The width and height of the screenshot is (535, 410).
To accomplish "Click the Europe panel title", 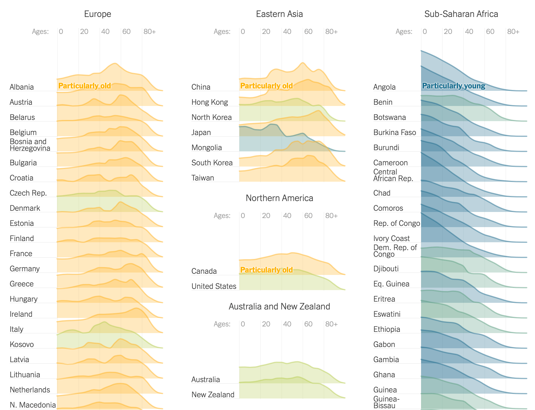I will (98, 14).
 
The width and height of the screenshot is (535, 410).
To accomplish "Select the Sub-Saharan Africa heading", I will (461, 14).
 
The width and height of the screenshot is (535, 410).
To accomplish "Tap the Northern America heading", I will (279, 198).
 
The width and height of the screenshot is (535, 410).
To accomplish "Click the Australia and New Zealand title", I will (279, 306).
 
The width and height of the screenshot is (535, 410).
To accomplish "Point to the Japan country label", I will (201, 132).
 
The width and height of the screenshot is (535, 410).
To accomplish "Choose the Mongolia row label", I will (207, 147).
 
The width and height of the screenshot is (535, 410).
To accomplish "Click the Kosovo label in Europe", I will (22, 344).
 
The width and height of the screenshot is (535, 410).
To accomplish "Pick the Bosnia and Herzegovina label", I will (30, 145).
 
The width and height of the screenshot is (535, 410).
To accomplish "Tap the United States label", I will (214, 286).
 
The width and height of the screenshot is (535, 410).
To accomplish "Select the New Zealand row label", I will (213, 395).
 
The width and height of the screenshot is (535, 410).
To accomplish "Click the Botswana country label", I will (390, 117).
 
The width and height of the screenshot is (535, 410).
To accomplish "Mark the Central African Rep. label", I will (393, 175).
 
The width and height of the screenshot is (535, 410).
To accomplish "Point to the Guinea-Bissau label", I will (386, 402).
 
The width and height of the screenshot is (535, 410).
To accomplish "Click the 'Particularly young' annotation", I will (454, 86).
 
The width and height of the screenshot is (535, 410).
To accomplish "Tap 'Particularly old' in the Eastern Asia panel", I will (266, 86).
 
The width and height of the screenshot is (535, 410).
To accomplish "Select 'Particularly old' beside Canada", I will (266, 270).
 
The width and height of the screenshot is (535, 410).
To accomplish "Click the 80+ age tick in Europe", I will (150, 31).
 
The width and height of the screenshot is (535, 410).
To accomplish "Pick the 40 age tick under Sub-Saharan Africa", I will (469, 31).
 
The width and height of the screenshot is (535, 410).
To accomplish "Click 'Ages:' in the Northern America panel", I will (222, 216).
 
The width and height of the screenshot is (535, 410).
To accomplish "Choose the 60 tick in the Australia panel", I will (308, 324).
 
